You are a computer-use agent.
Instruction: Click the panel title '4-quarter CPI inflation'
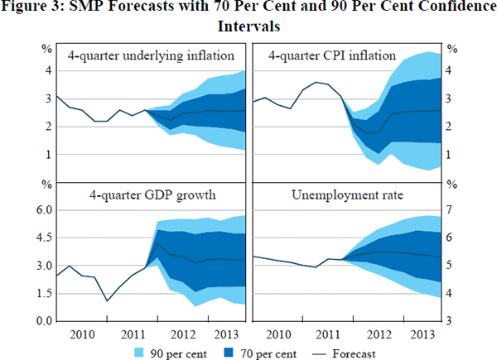point(332,56)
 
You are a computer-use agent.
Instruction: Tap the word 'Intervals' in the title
point(247,26)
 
